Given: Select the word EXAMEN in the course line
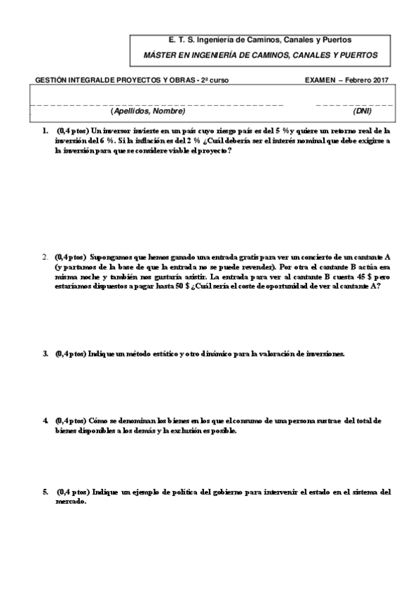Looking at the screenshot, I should [x=320, y=80].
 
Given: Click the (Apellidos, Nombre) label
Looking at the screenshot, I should [x=148, y=111].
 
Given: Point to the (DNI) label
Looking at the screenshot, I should [x=363, y=111].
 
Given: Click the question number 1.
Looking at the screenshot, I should [x=44, y=130].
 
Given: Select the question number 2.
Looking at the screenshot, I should [x=44, y=257].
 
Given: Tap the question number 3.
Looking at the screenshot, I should [x=44, y=354].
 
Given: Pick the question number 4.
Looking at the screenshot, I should [x=44, y=420].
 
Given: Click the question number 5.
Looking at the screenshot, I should [x=44, y=492].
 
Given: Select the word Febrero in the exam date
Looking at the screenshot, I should [x=356, y=80].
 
